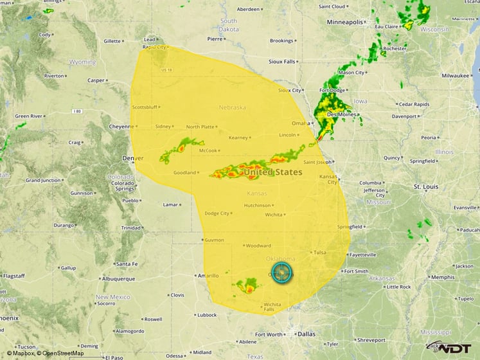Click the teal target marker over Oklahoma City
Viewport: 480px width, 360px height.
281,273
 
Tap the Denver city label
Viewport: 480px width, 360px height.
133,157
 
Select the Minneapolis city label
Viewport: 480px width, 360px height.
345,22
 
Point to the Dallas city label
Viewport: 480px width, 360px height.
307,334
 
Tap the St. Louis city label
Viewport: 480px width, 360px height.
425,186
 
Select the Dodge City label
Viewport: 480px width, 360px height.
217,213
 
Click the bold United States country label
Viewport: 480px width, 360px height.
272,172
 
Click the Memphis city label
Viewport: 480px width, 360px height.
442,277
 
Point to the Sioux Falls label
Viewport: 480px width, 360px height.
281,62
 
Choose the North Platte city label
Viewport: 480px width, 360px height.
200,127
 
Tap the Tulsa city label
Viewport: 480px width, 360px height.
320,253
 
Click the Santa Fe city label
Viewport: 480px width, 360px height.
126,264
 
